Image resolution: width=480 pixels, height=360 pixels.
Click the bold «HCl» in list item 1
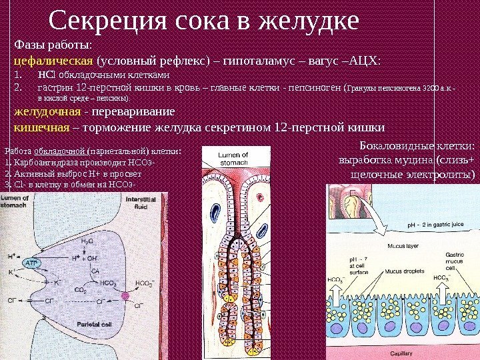coord(46,75)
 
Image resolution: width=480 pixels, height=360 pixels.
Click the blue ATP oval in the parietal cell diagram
coord(33,264)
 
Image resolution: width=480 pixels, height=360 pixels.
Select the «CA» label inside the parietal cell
coord(95,271)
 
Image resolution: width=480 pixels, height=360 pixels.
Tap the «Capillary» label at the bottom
coord(401,355)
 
